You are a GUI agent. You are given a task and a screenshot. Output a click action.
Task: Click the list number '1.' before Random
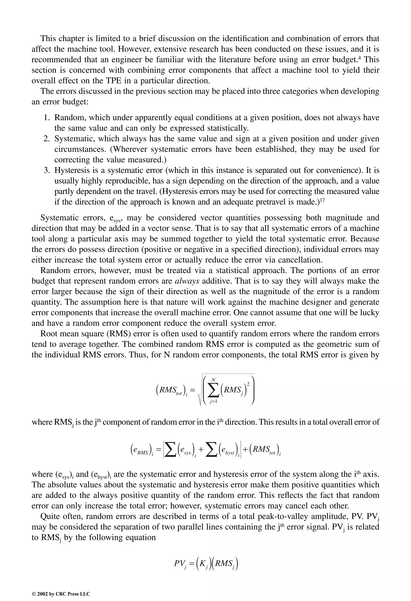pyautogui.click(x=47, y=118)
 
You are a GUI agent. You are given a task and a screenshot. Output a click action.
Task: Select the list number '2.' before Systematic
pyautogui.click(x=47, y=139)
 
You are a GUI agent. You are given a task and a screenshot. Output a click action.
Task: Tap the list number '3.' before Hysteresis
pyautogui.click(x=47, y=170)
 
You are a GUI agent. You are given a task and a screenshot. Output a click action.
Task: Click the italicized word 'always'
pyautogui.click(x=187, y=281)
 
